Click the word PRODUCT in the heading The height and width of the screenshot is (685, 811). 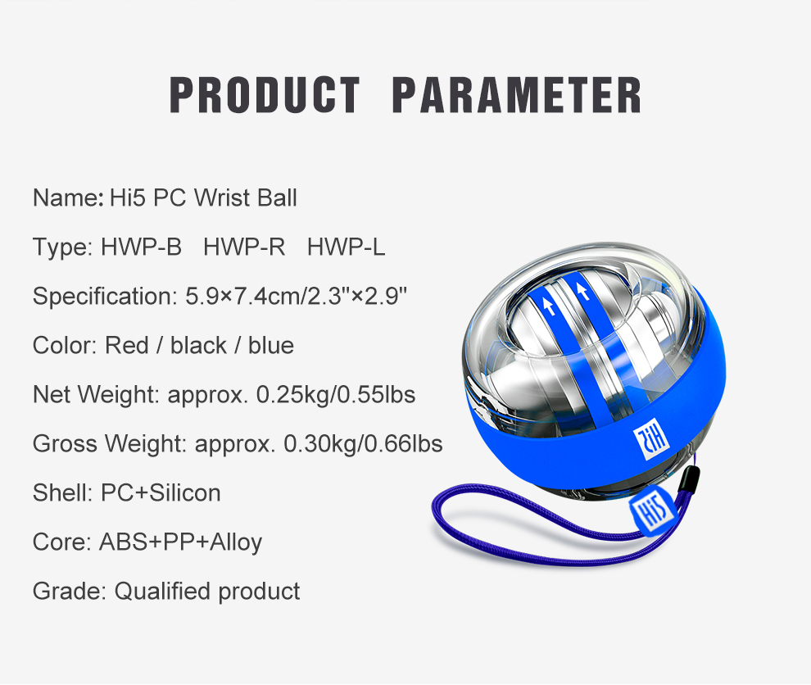(x=265, y=95)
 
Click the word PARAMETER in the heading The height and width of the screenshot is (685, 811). (x=516, y=95)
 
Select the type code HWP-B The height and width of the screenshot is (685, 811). (x=141, y=247)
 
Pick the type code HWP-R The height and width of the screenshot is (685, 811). (x=244, y=247)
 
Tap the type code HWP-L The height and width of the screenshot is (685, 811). (x=346, y=247)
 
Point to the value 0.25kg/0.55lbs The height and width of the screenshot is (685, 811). (x=336, y=395)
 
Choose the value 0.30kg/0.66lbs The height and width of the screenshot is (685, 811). (x=363, y=444)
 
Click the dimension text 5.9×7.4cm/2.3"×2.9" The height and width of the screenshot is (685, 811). (x=297, y=297)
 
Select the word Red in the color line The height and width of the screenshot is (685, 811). (x=127, y=346)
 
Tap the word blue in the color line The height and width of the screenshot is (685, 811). (x=271, y=346)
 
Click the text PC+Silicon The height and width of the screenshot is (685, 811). (x=161, y=493)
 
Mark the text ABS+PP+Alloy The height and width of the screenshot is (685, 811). (x=180, y=542)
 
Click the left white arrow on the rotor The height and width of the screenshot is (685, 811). (x=550, y=305)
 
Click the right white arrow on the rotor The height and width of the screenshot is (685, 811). (x=583, y=291)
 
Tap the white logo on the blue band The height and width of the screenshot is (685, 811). (x=650, y=438)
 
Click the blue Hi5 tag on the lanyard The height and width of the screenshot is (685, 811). (x=652, y=511)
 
